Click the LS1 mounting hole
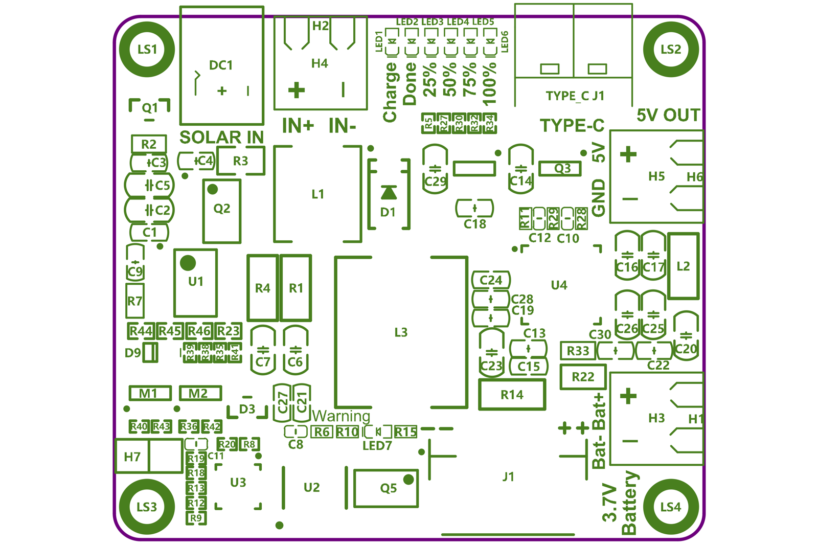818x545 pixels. tap(147, 50)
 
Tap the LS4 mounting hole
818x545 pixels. tap(670, 507)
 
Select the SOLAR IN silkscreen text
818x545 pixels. tap(221, 137)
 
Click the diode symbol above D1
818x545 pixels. tap(389, 193)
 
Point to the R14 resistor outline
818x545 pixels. tap(512, 394)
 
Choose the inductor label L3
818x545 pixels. tap(401, 333)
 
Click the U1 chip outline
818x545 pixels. tap(195, 283)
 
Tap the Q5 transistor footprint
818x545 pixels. tap(386, 488)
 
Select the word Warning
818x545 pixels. tap(341, 416)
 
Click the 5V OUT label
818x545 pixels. tap(668, 116)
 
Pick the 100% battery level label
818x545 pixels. tap(490, 80)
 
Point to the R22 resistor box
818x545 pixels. tap(583, 377)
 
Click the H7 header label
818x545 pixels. tap(132, 457)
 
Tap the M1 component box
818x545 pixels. tap(149, 393)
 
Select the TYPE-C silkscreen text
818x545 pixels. tap(572, 126)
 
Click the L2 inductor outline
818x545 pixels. tap(683, 266)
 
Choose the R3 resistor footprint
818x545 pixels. tap(240, 161)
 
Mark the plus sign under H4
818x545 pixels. tap(297, 90)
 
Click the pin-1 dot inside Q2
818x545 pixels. tap(213, 190)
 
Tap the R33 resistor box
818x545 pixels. tap(578, 351)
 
